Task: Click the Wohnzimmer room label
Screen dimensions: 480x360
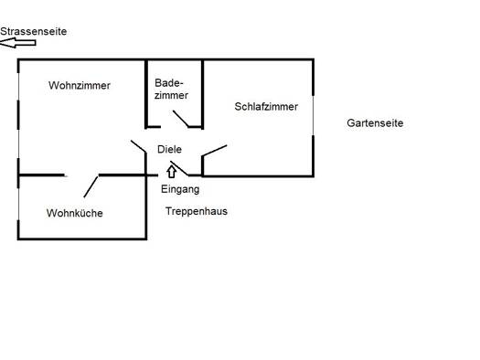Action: [x=80, y=85]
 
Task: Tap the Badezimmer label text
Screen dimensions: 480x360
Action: [x=171, y=89]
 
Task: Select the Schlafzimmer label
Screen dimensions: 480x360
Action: [x=266, y=106]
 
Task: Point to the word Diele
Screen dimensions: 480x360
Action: [x=169, y=149]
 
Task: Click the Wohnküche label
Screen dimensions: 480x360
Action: [x=74, y=213]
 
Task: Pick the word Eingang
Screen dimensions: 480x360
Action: [x=180, y=189]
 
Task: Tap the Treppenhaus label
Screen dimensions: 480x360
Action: [x=197, y=211]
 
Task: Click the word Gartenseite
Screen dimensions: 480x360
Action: [x=375, y=123]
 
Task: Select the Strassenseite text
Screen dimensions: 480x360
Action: [x=33, y=31]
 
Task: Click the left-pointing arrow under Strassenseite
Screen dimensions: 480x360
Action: [x=17, y=43]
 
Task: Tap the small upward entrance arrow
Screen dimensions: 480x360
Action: [x=172, y=172]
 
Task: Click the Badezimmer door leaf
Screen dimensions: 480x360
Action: [x=181, y=119]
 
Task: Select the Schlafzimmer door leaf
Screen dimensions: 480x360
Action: [x=214, y=151]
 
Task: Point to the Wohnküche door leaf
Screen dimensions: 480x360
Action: [x=91, y=186]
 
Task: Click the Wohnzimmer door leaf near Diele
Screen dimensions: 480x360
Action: [x=138, y=146]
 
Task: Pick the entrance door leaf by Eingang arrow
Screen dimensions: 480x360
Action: [x=179, y=168]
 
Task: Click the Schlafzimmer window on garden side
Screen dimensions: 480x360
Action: [x=314, y=115]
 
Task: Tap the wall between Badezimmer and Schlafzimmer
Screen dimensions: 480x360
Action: [x=202, y=94]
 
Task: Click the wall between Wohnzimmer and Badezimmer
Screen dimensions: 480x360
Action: [x=146, y=94]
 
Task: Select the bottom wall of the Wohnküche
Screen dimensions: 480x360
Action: [x=82, y=238]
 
